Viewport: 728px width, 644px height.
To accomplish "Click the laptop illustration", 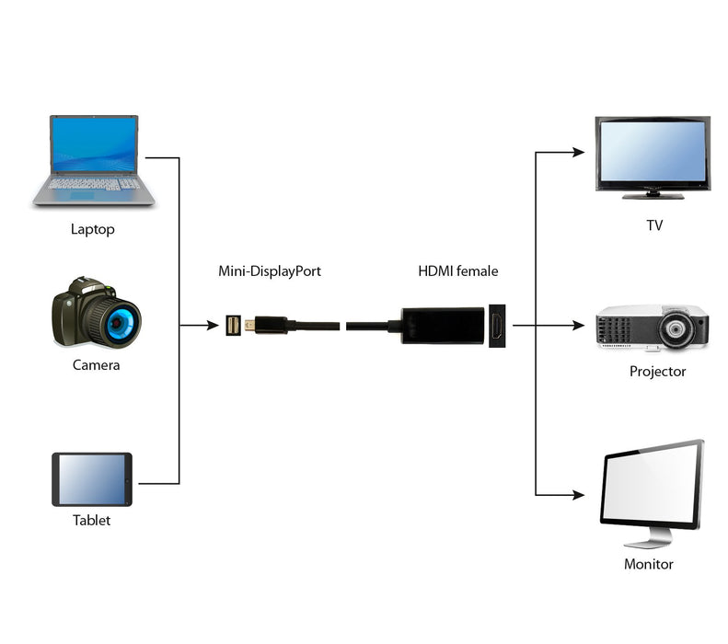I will click(94, 161).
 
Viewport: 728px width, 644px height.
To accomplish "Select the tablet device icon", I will click(91, 479).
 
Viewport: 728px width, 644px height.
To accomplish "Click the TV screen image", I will click(652, 152).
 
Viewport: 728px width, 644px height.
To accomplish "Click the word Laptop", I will click(93, 229).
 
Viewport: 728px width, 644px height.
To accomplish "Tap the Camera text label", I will click(96, 365).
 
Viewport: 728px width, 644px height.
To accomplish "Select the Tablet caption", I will click(91, 521).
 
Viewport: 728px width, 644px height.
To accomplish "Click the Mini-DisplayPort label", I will click(270, 271).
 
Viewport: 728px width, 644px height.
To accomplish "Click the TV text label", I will click(654, 225).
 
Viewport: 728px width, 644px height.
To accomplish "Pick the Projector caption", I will click(657, 372).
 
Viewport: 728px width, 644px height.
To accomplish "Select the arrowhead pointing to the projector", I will click(579, 325).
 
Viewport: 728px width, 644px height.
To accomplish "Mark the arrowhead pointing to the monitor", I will click(579, 495).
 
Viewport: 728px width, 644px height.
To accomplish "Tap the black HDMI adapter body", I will click(442, 325).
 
